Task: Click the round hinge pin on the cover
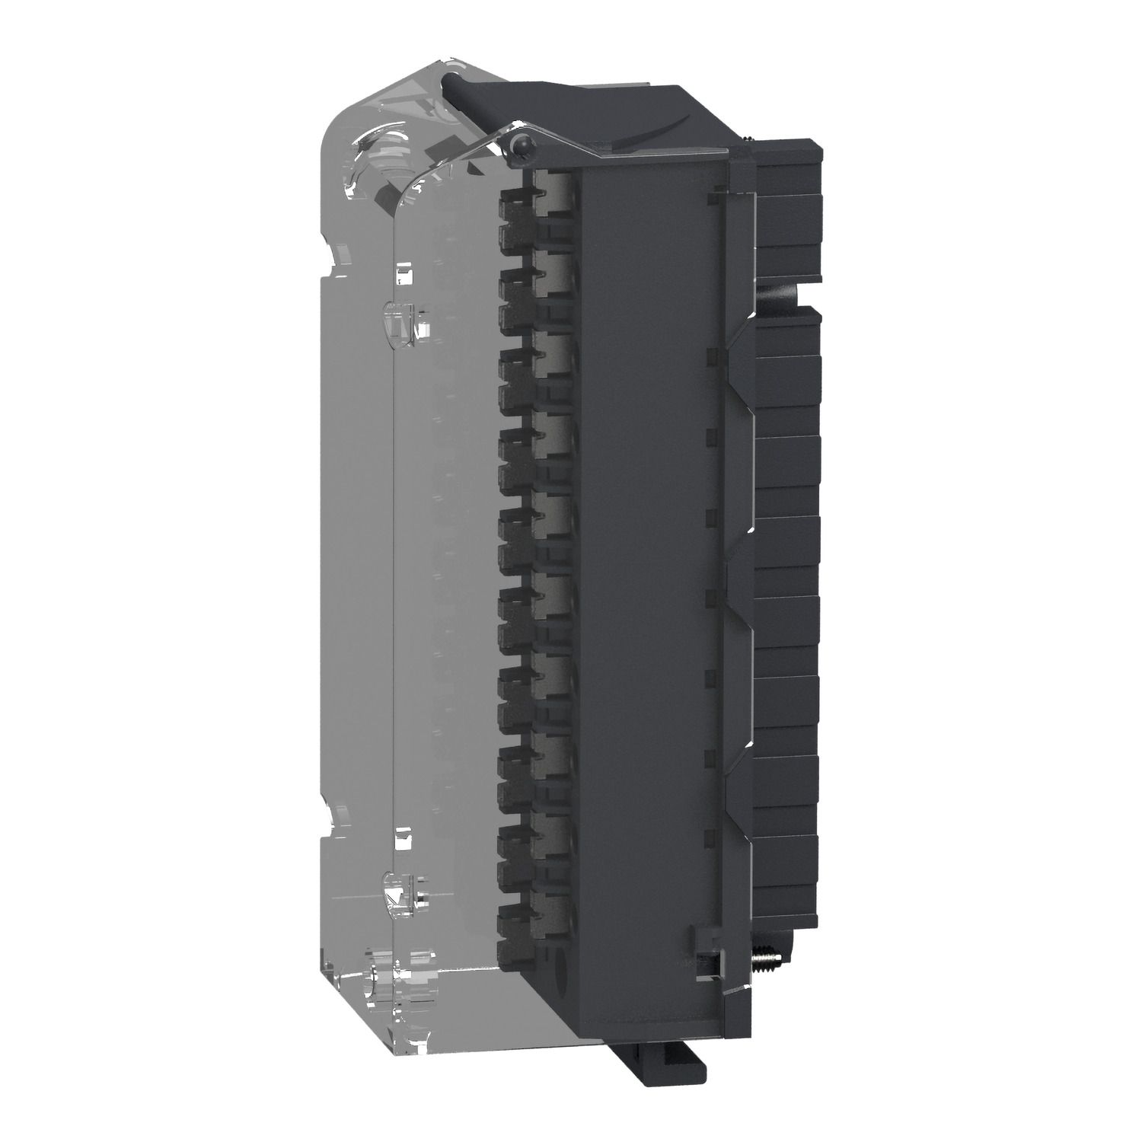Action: (x=519, y=143)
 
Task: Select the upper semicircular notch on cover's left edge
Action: (x=330, y=257)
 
